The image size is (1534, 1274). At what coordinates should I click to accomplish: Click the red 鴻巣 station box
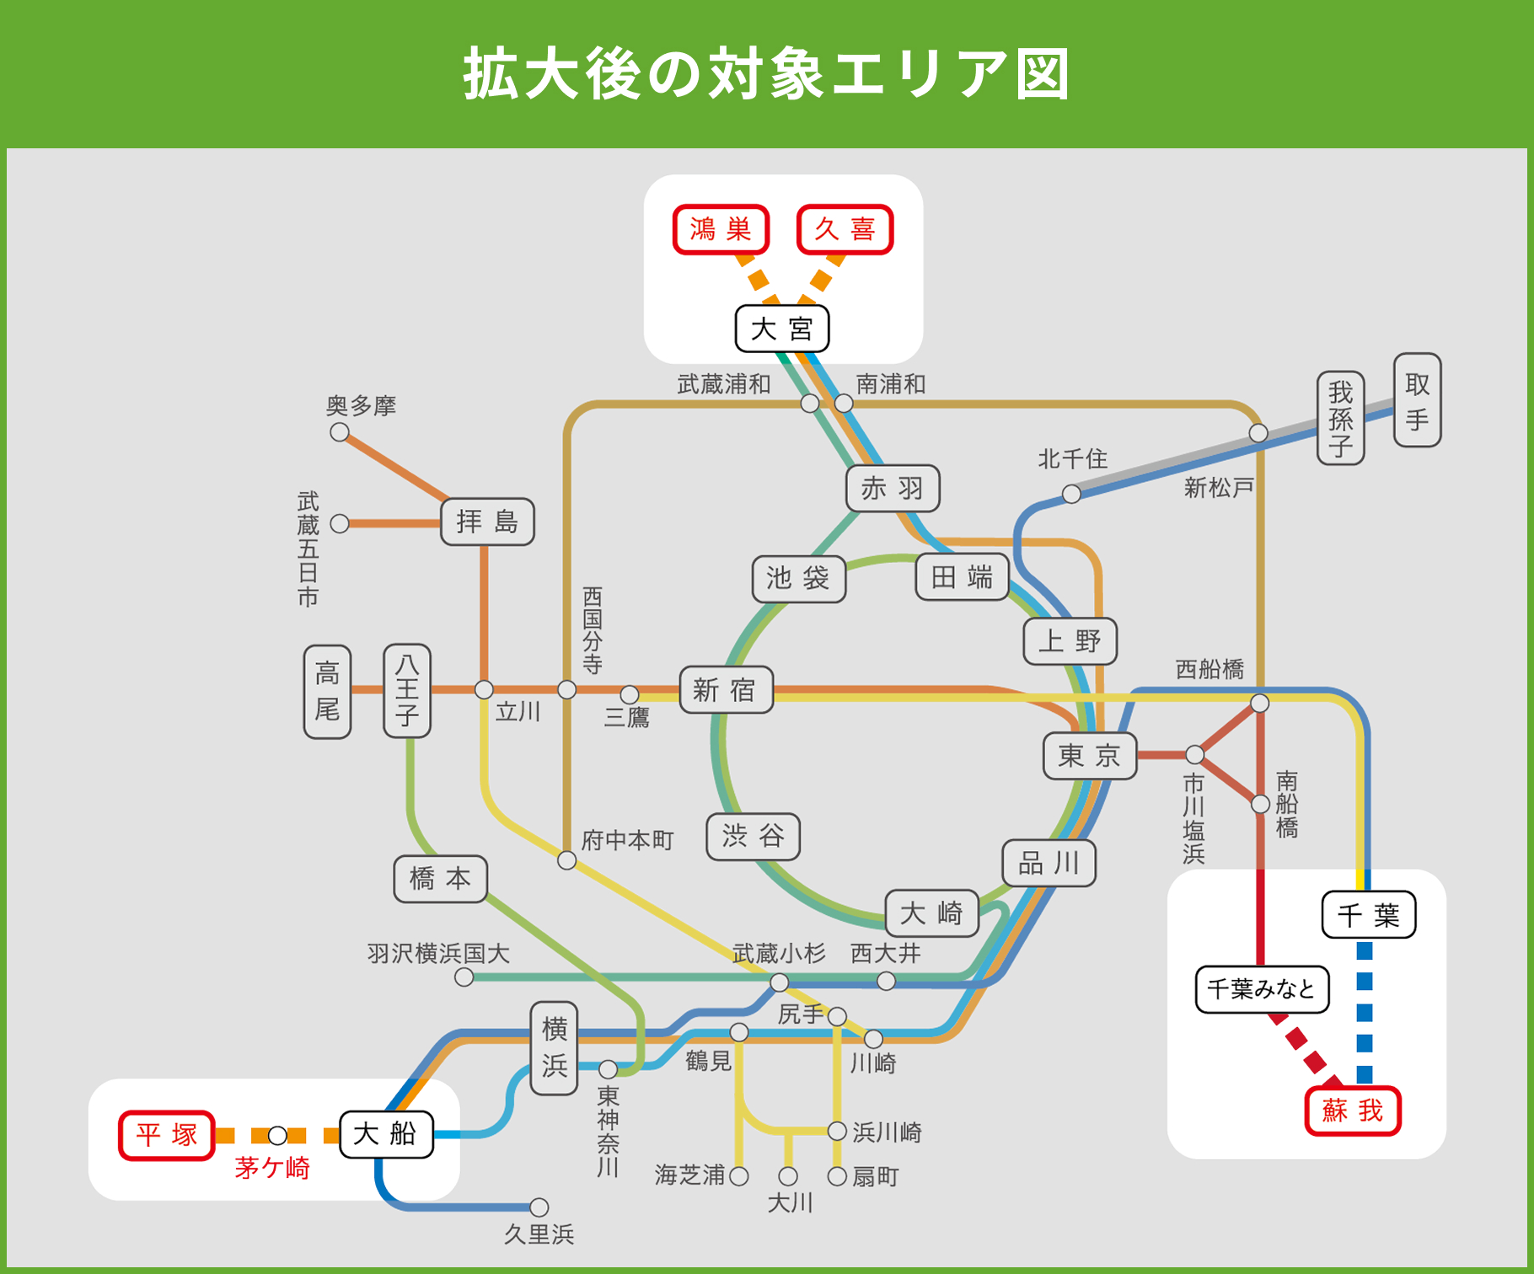(721, 229)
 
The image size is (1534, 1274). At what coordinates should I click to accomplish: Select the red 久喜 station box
(845, 229)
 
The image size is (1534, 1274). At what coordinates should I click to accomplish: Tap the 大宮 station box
(781, 329)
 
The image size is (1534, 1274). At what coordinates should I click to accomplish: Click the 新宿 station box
(726, 690)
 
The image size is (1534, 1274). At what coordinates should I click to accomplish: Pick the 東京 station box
(1090, 755)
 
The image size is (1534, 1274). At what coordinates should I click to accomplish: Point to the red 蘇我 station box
(1352, 1111)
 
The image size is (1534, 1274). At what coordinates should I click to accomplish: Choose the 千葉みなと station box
(1261, 988)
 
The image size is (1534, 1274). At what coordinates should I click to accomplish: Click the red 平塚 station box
(167, 1135)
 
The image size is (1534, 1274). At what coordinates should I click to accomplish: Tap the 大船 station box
(385, 1134)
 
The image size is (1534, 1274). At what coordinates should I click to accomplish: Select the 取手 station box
(1417, 400)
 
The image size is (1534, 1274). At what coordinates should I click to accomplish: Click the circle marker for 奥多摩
(340, 432)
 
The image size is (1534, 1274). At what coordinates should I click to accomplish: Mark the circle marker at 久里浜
(539, 1207)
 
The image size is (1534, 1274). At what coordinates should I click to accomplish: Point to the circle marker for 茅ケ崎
(277, 1136)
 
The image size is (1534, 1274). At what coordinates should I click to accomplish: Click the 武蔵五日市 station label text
(308, 549)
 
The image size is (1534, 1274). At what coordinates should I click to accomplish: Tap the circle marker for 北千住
(1071, 494)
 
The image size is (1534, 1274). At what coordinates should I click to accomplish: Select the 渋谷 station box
(753, 836)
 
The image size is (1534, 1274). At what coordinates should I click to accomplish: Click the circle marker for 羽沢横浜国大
(464, 977)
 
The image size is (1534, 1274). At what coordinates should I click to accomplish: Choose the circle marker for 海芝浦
(739, 1176)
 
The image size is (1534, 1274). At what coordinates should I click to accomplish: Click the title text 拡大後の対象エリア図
(766, 74)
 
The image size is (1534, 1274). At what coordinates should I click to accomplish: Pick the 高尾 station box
(327, 692)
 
